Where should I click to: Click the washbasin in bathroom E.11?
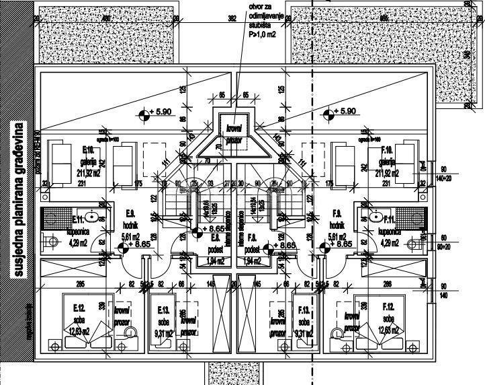tap(95, 217)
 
